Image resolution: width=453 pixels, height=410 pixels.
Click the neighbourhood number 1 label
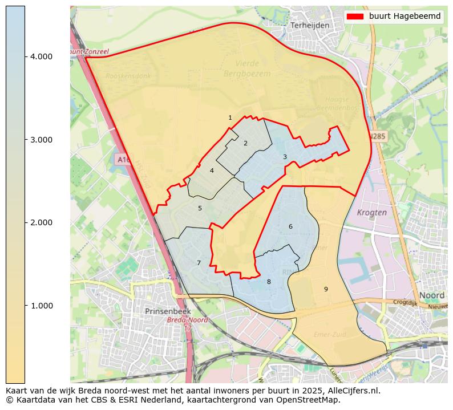coord(230,118)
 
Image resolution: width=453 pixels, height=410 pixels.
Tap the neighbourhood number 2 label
coord(245,143)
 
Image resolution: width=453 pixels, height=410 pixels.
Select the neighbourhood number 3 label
coord(285,157)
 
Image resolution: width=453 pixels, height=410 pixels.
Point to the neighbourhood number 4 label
coord(212,171)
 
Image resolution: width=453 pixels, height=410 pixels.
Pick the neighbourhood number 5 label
coord(200,208)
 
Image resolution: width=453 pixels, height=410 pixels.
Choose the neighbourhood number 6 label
coord(290,226)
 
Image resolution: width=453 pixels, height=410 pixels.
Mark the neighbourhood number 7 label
coord(199,263)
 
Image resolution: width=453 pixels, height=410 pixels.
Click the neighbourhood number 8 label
coord(269,282)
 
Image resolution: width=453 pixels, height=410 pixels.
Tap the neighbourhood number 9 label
coord(326,289)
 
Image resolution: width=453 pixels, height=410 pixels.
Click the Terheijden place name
coord(310,26)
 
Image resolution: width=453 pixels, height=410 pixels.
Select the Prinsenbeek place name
coord(167,311)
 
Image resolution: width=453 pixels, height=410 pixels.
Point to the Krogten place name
coord(371,212)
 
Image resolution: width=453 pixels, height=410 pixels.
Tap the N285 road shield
coord(377,137)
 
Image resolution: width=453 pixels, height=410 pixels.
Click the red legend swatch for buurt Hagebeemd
coord(355,17)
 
